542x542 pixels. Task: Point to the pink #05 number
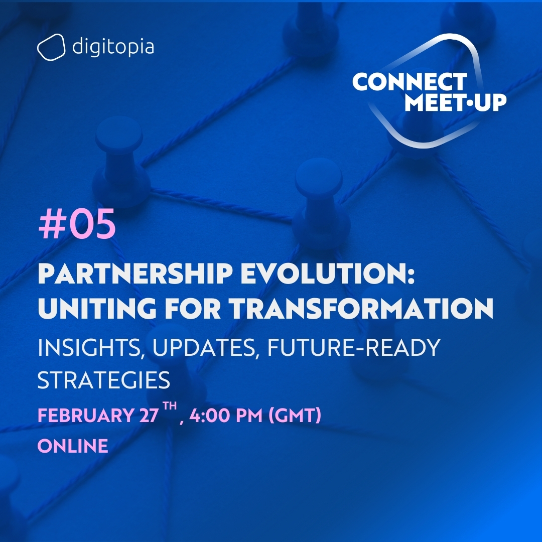77,225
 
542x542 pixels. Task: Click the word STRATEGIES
104,381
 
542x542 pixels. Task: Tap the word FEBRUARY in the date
84,416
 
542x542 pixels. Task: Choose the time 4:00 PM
224,416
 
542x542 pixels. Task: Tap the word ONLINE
73,446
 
